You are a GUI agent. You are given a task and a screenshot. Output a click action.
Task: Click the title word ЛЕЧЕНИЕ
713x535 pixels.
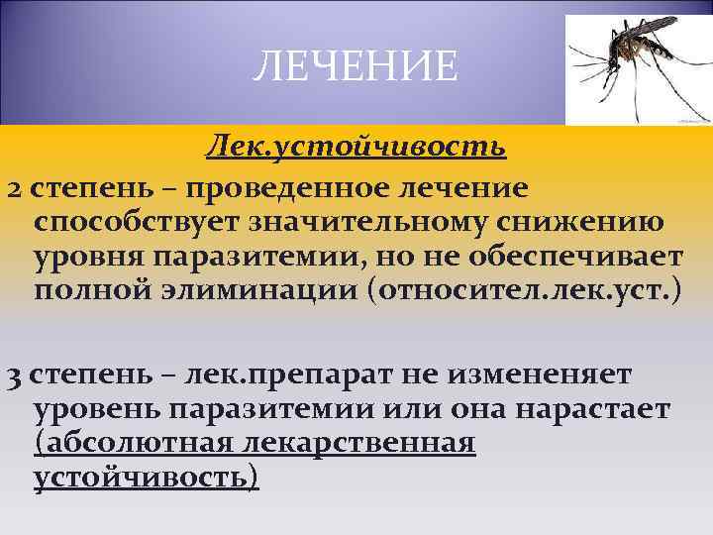356,67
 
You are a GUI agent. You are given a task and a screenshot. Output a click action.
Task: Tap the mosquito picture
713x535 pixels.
633,67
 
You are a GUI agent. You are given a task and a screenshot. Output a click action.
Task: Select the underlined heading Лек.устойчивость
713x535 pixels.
356,148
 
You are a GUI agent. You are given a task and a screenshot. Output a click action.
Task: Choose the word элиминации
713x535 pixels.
247,293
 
